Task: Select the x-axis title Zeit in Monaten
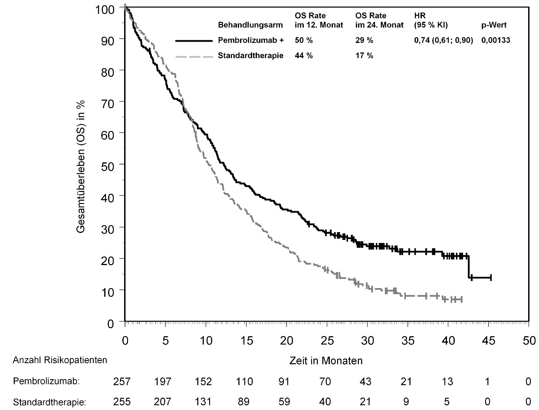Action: click(x=326, y=361)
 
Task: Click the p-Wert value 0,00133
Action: click(x=496, y=40)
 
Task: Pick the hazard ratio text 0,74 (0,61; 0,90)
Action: click(x=444, y=40)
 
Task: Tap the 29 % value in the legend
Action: click(x=364, y=40)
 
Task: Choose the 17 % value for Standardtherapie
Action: click(x=364, y=56)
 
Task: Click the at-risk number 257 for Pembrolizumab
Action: click(x=122, y=381)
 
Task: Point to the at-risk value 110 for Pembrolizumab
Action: click(x=244, y=381)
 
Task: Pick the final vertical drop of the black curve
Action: click(x=469, y=267)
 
